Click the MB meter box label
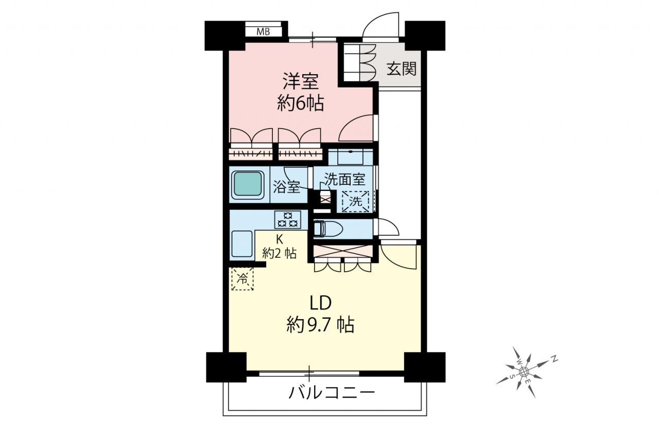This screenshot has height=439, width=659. click(263, 31)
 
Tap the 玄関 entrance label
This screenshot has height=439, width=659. click(401, 69)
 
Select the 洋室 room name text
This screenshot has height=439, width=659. click(300, 81)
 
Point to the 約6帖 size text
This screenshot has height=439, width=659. click(300, 103)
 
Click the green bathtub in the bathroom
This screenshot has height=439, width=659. click(248, 185)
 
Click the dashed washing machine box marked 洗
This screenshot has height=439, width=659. click(355, 201)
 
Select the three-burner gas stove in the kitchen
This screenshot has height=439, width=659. click(288, 220)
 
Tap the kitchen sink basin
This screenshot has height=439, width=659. click(242, 244)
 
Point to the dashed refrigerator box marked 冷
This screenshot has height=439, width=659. click(242, 278)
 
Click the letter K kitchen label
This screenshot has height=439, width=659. click(279, 240)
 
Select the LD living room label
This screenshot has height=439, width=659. click(321, 303)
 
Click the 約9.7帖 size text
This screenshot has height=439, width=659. click(320, 325)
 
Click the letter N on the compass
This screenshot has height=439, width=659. click(554, 359)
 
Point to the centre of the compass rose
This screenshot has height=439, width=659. click(524, 372)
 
